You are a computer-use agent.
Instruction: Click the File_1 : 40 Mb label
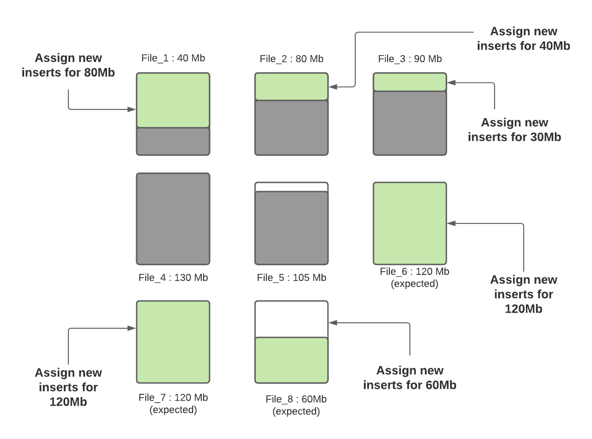(x=173, y=58)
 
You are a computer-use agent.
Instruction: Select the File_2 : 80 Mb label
(x=291, y=59)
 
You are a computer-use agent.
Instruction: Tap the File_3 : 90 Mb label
(x=410, y=59)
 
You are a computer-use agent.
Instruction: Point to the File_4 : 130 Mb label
(x=173, y=278)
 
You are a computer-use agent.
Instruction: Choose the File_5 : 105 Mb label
(x=291, y=278)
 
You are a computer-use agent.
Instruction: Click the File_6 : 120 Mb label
(x=414, y=272)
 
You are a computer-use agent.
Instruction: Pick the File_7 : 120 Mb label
(x=173, y=398)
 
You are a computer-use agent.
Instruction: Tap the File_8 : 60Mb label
(x=296, y=399)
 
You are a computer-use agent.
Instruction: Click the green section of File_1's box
(x=173, y=100)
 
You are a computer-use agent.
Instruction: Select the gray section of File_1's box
(x=173, y=141)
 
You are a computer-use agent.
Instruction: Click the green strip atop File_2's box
(x=291, y=87)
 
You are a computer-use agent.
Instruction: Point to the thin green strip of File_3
(x=410, y=83)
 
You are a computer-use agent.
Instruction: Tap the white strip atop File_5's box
(x=291, y=187)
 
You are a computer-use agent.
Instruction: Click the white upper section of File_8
(x=291, y=319)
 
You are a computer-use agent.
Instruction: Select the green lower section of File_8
(x=291, y=360)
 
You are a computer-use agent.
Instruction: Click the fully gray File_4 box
(x=173, y=219)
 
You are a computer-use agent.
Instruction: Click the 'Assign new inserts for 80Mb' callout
(x=68, y=65)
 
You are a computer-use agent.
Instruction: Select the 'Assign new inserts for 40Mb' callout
(x=524, y=39)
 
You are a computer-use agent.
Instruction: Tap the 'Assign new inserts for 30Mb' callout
(x=515, y=130)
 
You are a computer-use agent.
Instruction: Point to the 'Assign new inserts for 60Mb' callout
(x=410, y=378)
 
